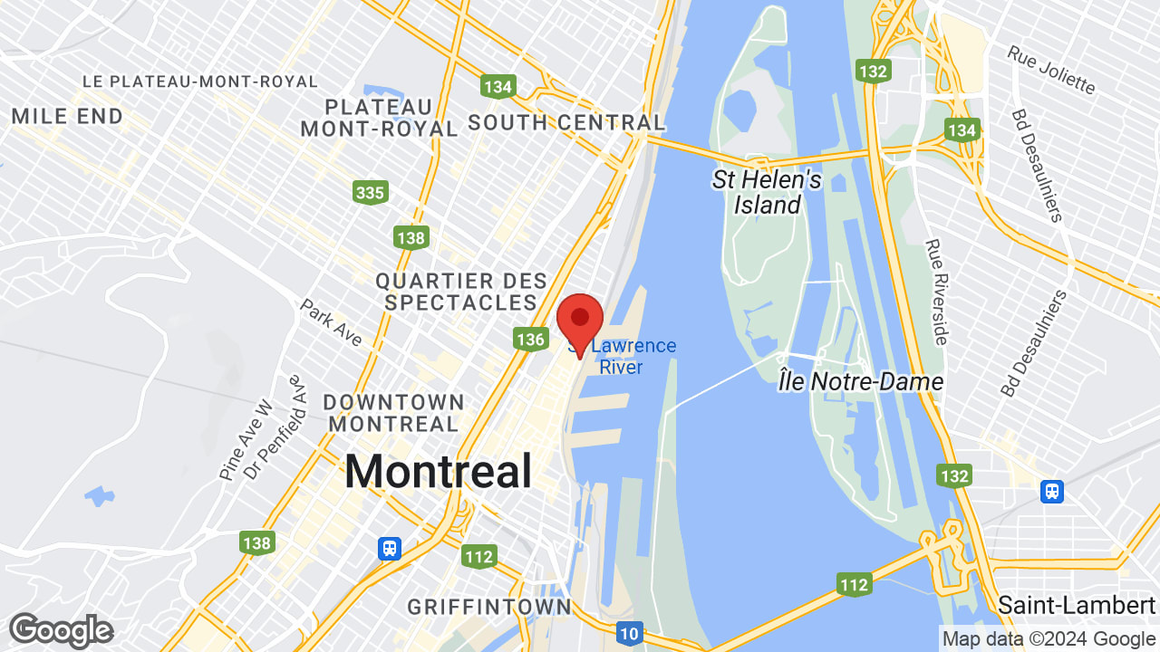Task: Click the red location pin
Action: [x=580, y=321]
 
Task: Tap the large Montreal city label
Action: [x=438, y=472]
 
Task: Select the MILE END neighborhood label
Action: [x=67, y=116]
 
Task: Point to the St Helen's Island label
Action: [x=767, y=192]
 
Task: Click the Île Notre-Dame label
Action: [x=860, y=382]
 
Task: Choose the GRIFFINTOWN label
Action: [x=489, y=606]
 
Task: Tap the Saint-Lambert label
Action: [x=1077, y=604]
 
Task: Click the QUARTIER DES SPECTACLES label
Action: [x=461, y=292]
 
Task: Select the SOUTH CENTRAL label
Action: [x=566, y=122]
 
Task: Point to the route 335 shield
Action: [x=371, y=192]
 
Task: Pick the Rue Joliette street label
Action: [x=1051, y=70]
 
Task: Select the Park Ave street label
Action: [x=331, y=322]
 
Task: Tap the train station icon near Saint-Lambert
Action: [x=1051, y=491]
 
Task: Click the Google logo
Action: [x=61, y=631]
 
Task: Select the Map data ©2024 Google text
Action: [x=1048, y=638]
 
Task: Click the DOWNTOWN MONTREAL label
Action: [x=393, y=412]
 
